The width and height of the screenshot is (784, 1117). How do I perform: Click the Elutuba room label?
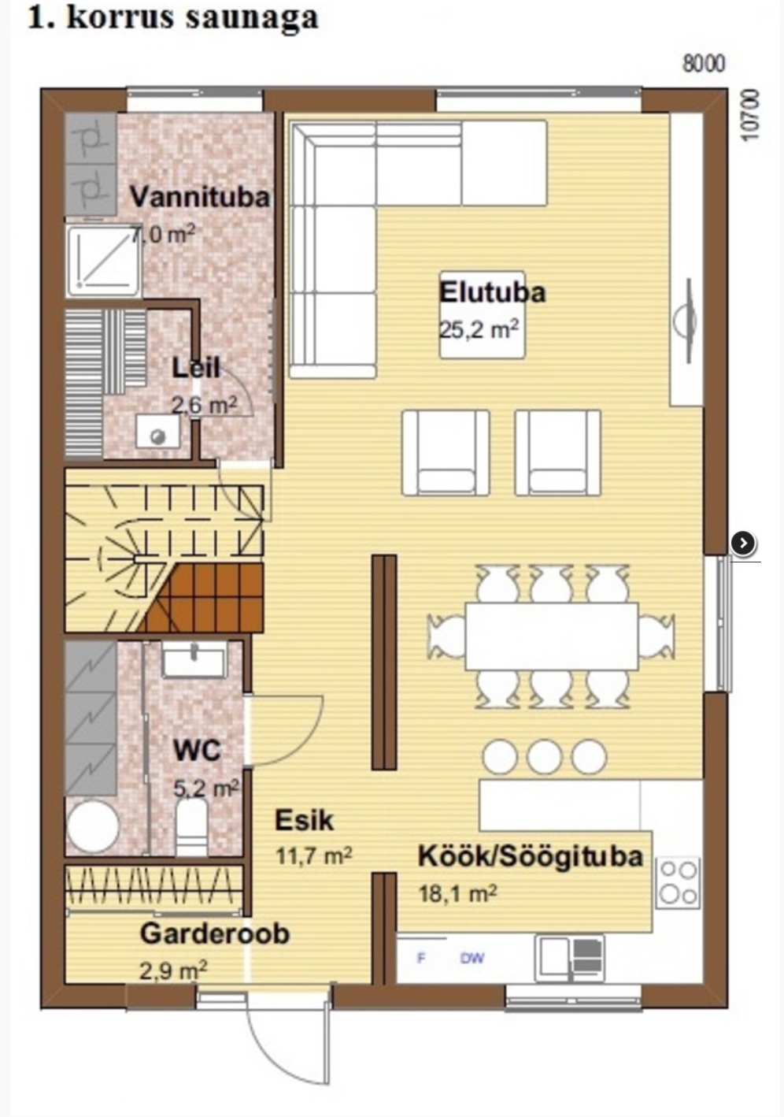(x=492, y=292)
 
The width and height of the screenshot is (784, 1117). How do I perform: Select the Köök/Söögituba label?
(x=531, y=856)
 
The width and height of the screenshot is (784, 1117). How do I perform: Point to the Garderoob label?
(x=215, y=934)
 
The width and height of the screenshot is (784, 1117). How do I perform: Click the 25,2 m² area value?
(x=479, y=329)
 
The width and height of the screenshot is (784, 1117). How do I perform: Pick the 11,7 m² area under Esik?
(x=314, y=855)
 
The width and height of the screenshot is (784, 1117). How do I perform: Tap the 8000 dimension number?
(x=703, y=65)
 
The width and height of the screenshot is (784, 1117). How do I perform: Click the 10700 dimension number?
(x=749, y=115)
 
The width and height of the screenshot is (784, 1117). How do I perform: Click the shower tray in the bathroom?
(x=104, y=261)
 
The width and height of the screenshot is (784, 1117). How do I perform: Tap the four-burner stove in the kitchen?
(x=679, y=882)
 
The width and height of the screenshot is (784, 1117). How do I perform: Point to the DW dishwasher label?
(x=472, y=958)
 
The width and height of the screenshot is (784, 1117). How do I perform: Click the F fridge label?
(x=421, y=958)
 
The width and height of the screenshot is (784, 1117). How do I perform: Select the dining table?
(x=551, y=636)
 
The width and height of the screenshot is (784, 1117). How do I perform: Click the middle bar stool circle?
(x=544, y=756)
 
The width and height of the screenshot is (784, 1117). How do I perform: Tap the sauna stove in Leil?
(x=158, y=432)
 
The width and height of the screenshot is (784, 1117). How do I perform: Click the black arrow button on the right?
(x=743, y=543)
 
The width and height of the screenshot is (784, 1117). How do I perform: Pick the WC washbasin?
(x=194, y=659)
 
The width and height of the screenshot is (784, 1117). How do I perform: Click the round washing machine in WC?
(x=93, y=826)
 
